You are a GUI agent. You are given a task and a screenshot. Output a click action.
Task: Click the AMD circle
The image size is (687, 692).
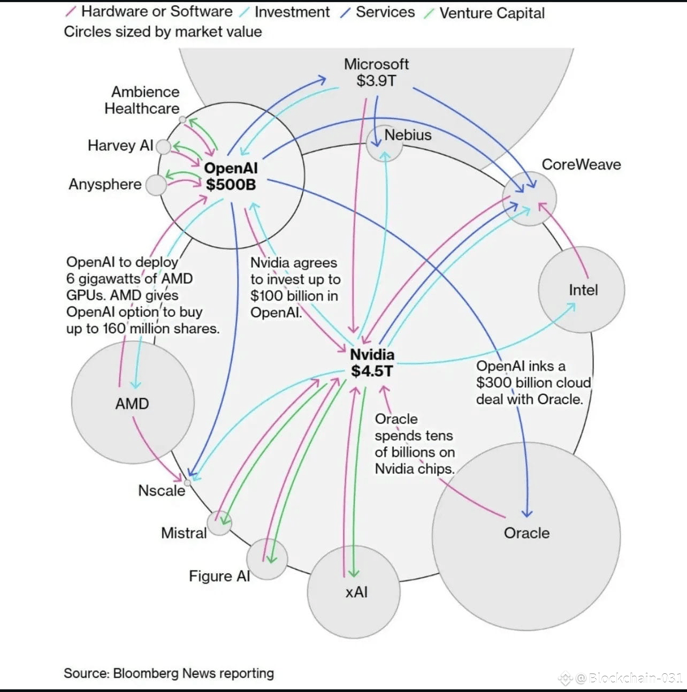pyautogui.click(x=133, y=402)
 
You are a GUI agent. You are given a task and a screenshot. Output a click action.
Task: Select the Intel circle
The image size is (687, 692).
pyautogui.click(x=582, y=290)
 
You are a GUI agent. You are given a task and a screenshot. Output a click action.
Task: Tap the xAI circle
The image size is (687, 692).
pyautogui.click(x=354, y=592)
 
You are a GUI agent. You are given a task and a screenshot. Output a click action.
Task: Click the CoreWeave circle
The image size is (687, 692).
pyautogui.click(x=530, y=199)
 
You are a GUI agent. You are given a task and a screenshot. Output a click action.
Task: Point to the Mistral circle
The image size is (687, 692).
pyautogui.click(x=219, y=523)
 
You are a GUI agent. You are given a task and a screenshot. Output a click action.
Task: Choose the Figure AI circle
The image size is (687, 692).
pyautogui.click(x=266, y=559)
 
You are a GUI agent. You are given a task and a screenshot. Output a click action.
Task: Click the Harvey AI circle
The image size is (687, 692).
pyautogui.click(x=163, y=147)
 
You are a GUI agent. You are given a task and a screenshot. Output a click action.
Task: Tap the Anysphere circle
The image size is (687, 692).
pyautogui.click(x=156, y=185)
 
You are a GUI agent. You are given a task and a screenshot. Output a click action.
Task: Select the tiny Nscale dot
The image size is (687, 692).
pyautogui.click(x=187, y=483)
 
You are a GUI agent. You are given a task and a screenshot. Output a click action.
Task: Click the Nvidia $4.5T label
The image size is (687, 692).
pyautogui.click(x=372, y=363)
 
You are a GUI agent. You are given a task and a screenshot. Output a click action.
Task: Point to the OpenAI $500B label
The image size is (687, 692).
pyautogui.click(x=231, y=177)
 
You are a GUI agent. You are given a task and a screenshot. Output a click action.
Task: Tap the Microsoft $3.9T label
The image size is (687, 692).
pyautogui.click(x=376, y=73)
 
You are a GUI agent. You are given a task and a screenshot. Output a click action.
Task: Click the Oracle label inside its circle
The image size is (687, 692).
pyautogui.click(x=526, y=533)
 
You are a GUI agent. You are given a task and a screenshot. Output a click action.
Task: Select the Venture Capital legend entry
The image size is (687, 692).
pyautogui.click(x=491, y=13)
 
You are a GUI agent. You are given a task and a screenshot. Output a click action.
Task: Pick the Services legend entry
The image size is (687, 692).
pyautogui.click(x=385, y=12)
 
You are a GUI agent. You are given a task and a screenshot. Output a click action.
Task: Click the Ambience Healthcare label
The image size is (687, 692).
pyautogui.click(x=142, y=100)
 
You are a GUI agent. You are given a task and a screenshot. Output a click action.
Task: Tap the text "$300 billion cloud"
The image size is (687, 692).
pyautogui.click(x=533, y=383)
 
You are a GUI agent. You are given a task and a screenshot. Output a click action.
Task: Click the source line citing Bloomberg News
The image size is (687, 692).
pyautogui.click(x=169, y=673)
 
